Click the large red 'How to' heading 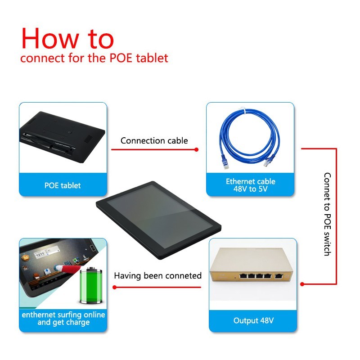(x=68, y=39)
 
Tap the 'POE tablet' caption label (x=63, y=185)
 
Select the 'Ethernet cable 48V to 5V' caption (x=251, y=185)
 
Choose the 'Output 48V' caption (x=253, y=320)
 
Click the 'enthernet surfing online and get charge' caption (x=63, y=318)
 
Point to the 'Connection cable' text (x=154, y=140)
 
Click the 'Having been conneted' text (x=158, y=275)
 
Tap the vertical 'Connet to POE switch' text (x=328, y=214)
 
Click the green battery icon (x=91, y=285)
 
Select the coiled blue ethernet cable (x=250, y=138)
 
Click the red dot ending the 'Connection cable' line (x=196, y=150)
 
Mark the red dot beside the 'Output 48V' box (x=302, y=284)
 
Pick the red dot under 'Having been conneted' (x=115, y=287)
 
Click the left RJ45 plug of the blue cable (x=225, y=163)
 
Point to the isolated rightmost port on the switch (x=279, y=276)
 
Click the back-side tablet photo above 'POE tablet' (x=63, y=137)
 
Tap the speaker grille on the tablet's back (x=88, y=139)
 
